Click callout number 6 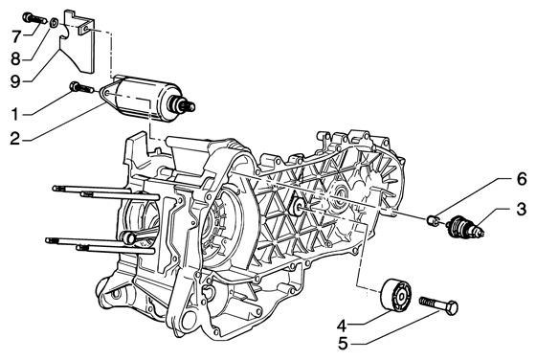click(x=494, y=179)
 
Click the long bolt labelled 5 click(x=436, y=306)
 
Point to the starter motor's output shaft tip click(x=190, y=107)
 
